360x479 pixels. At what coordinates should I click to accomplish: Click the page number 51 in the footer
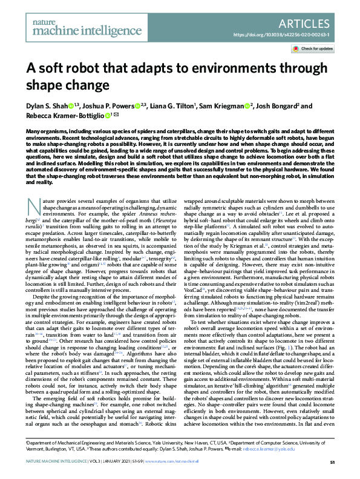click(332, 462)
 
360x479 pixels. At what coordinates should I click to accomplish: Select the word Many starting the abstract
click(34, 130)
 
